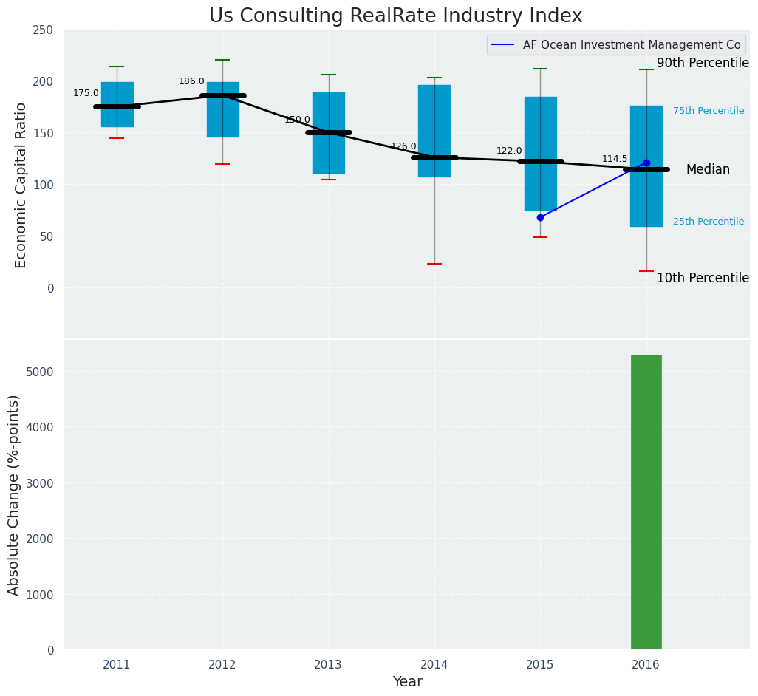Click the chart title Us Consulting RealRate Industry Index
pos(395,16)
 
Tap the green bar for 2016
pos(646,502)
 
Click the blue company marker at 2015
pos(540,217)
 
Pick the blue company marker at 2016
pos(646,163)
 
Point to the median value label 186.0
pos(191,81)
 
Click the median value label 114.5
pos(615,159)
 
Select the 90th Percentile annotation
pos(703,64)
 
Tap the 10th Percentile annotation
pos(703,279)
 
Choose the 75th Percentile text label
pos(708,111)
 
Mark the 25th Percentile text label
pos(708,222)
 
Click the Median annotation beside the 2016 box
pos(708,170)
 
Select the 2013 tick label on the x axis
pos(328,664)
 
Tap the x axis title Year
pos(407,682)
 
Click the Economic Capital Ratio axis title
pos(21,185)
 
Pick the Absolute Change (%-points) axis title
pos(14,494)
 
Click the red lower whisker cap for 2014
pos(434,264)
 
